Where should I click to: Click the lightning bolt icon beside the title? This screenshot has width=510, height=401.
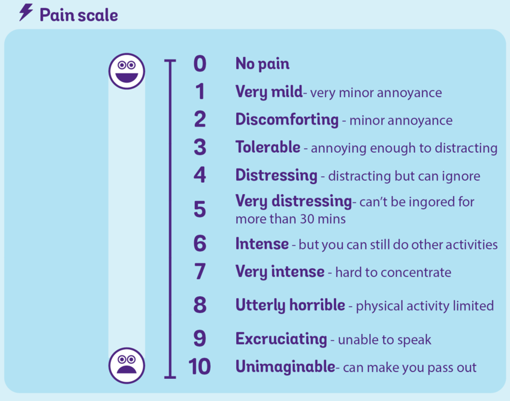(x=26, y=13)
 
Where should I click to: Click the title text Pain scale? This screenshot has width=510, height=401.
(x=79, y=16)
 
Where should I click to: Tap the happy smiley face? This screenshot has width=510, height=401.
(x=126, y=71)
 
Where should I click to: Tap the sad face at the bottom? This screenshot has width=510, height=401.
(x=126, y=365)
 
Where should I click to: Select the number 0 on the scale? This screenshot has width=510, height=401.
(x=200, y=64)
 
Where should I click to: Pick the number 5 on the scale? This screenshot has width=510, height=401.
(x=200, y=209)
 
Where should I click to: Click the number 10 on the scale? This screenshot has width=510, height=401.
(x=200, y=366)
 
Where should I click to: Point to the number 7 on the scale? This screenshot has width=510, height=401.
(x=200, y=272)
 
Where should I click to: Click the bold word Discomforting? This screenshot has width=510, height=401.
(x=287, y=119)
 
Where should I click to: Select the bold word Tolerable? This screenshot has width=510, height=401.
(x=268, y=147)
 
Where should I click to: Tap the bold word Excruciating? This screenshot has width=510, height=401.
(x=281, y=339)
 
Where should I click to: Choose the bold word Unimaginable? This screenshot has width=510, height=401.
(x=285, y=366)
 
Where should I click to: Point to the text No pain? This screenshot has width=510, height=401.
(x=262, y=64)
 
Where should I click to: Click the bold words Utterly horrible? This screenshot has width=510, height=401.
(x=290, y=305)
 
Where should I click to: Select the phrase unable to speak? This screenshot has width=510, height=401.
(x=385, y=340)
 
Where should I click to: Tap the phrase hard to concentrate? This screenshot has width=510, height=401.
(x=393, y=273)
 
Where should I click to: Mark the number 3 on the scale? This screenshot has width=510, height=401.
(x=200, y=147)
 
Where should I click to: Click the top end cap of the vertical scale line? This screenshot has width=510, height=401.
(x=170, y=61)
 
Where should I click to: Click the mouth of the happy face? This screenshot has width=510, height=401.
(x=126, y=78)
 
